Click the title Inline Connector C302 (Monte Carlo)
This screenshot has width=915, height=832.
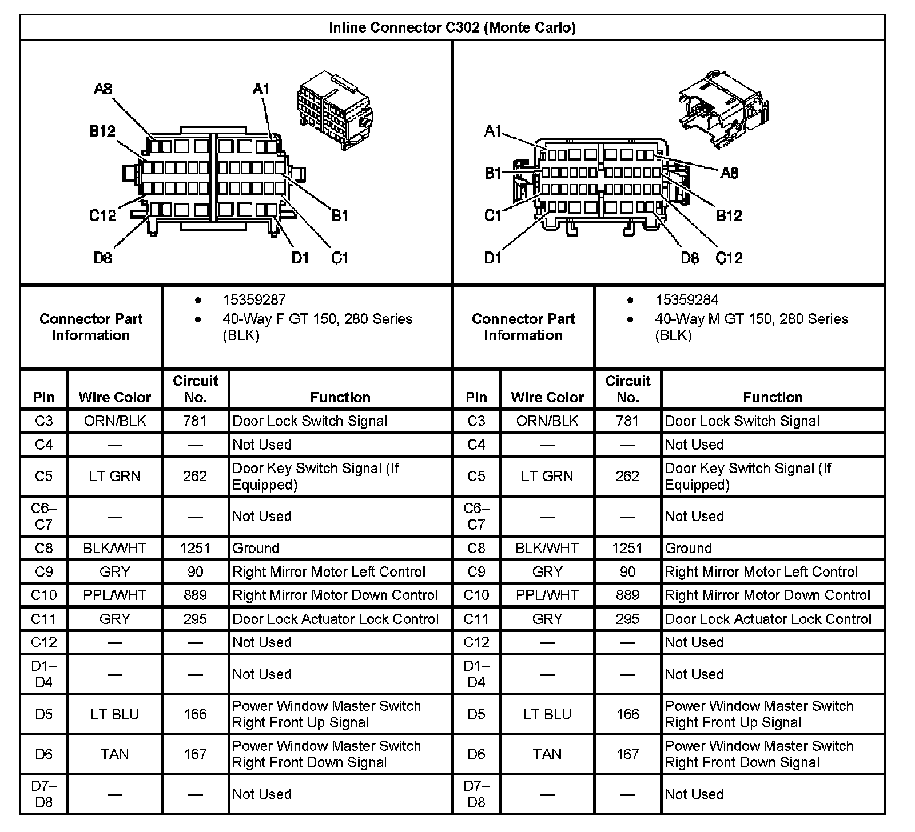pyautogui.click(x=452, y=27)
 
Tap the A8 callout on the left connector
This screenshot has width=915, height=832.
pyautogui.click(x=103, y=89)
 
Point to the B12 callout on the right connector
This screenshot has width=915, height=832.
pyautogui.click(x=729, y=215)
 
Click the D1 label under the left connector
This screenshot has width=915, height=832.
pyautogui.click(x=300, y=258)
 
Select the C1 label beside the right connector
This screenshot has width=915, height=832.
pyautogui.click(x=492, y=215)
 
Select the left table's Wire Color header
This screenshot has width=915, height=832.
pyautogui.click(x=115, y=397)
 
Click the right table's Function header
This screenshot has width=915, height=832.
pyautogui.click(x=773, y=397)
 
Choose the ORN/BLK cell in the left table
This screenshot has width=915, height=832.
pyautogui.click(x=115, y=421)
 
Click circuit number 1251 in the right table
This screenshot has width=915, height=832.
pyautogui.click(x=627, y=549)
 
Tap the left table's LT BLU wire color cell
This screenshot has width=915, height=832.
pyautogui.click(x=115, y=714)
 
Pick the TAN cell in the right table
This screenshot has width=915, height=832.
pyautogui.click(x=547, y=754)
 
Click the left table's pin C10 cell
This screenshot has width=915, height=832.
pyautogui.click(x=44, y=595)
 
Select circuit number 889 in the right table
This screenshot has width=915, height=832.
pyautogui.click(x=627, y=595)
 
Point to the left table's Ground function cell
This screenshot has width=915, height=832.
pyautogui.click(x=256, y=549)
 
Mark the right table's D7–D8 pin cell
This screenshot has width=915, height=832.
pyautogui.click(x=476, y=794)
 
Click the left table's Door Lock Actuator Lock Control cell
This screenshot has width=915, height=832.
pyautogui.click(x=336, y=619)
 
